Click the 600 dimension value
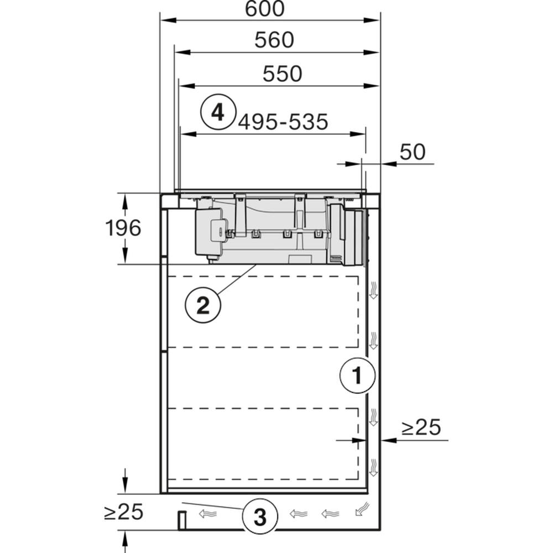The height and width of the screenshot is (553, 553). click(264, 9)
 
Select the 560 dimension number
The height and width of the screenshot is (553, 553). click(274, 40)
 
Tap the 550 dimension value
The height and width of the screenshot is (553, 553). click(282, 74)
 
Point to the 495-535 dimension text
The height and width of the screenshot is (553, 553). click(283, 122)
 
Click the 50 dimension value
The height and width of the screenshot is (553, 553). click(413, 152)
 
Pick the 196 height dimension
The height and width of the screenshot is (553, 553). click(123, 228)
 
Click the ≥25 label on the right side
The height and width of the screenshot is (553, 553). click(421, 427)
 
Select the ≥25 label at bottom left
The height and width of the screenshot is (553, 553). click(124, 512)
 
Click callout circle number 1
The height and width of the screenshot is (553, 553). click(357, 375)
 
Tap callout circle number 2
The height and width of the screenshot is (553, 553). click(203, 305)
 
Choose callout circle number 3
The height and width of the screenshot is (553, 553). click(260, 517)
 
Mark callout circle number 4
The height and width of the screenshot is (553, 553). click(218, 112)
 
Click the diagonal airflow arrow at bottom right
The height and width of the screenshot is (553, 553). click(363, 509)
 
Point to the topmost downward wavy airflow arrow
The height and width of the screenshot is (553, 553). click(373, 290)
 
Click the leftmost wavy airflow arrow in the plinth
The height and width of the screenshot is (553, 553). click(208, 514)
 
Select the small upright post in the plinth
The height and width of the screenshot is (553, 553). click(181, 520)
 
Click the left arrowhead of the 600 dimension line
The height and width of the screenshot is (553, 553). click(168, 20)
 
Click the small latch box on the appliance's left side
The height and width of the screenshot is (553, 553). click(218, 231)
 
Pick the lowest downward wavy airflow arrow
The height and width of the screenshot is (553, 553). click(373, 467)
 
